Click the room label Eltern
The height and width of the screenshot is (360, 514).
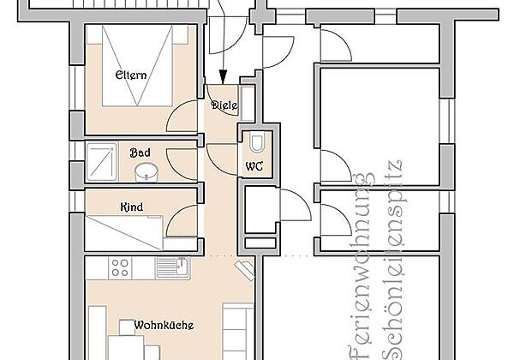click(x=131, y=75)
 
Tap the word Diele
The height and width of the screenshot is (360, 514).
click(x=224, y=105)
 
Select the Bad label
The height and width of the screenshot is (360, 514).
click(x=140, y=152)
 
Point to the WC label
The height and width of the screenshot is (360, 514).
click(x=254, y=165)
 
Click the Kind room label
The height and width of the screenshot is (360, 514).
click(x=131, y=207)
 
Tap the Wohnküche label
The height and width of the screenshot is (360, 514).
click(x=163, y=325)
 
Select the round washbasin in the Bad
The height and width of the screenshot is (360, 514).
click(x=146, y=171)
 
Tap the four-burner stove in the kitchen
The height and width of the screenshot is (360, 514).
click(x=122, y=267)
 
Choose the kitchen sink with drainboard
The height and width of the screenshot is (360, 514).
click(x=175, y=267)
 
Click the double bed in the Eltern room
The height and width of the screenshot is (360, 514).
click(x=137, y=64)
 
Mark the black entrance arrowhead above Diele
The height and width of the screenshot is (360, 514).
click(x=222, y=75)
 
